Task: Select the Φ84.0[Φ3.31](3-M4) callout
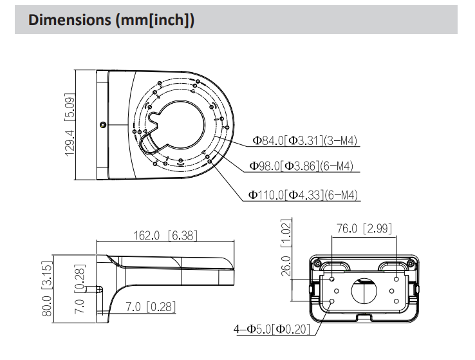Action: point(305,140)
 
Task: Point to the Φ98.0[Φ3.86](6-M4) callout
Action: point(303,166)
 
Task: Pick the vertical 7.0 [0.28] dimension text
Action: point(79,290)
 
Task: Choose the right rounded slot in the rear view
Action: point(393,266)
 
